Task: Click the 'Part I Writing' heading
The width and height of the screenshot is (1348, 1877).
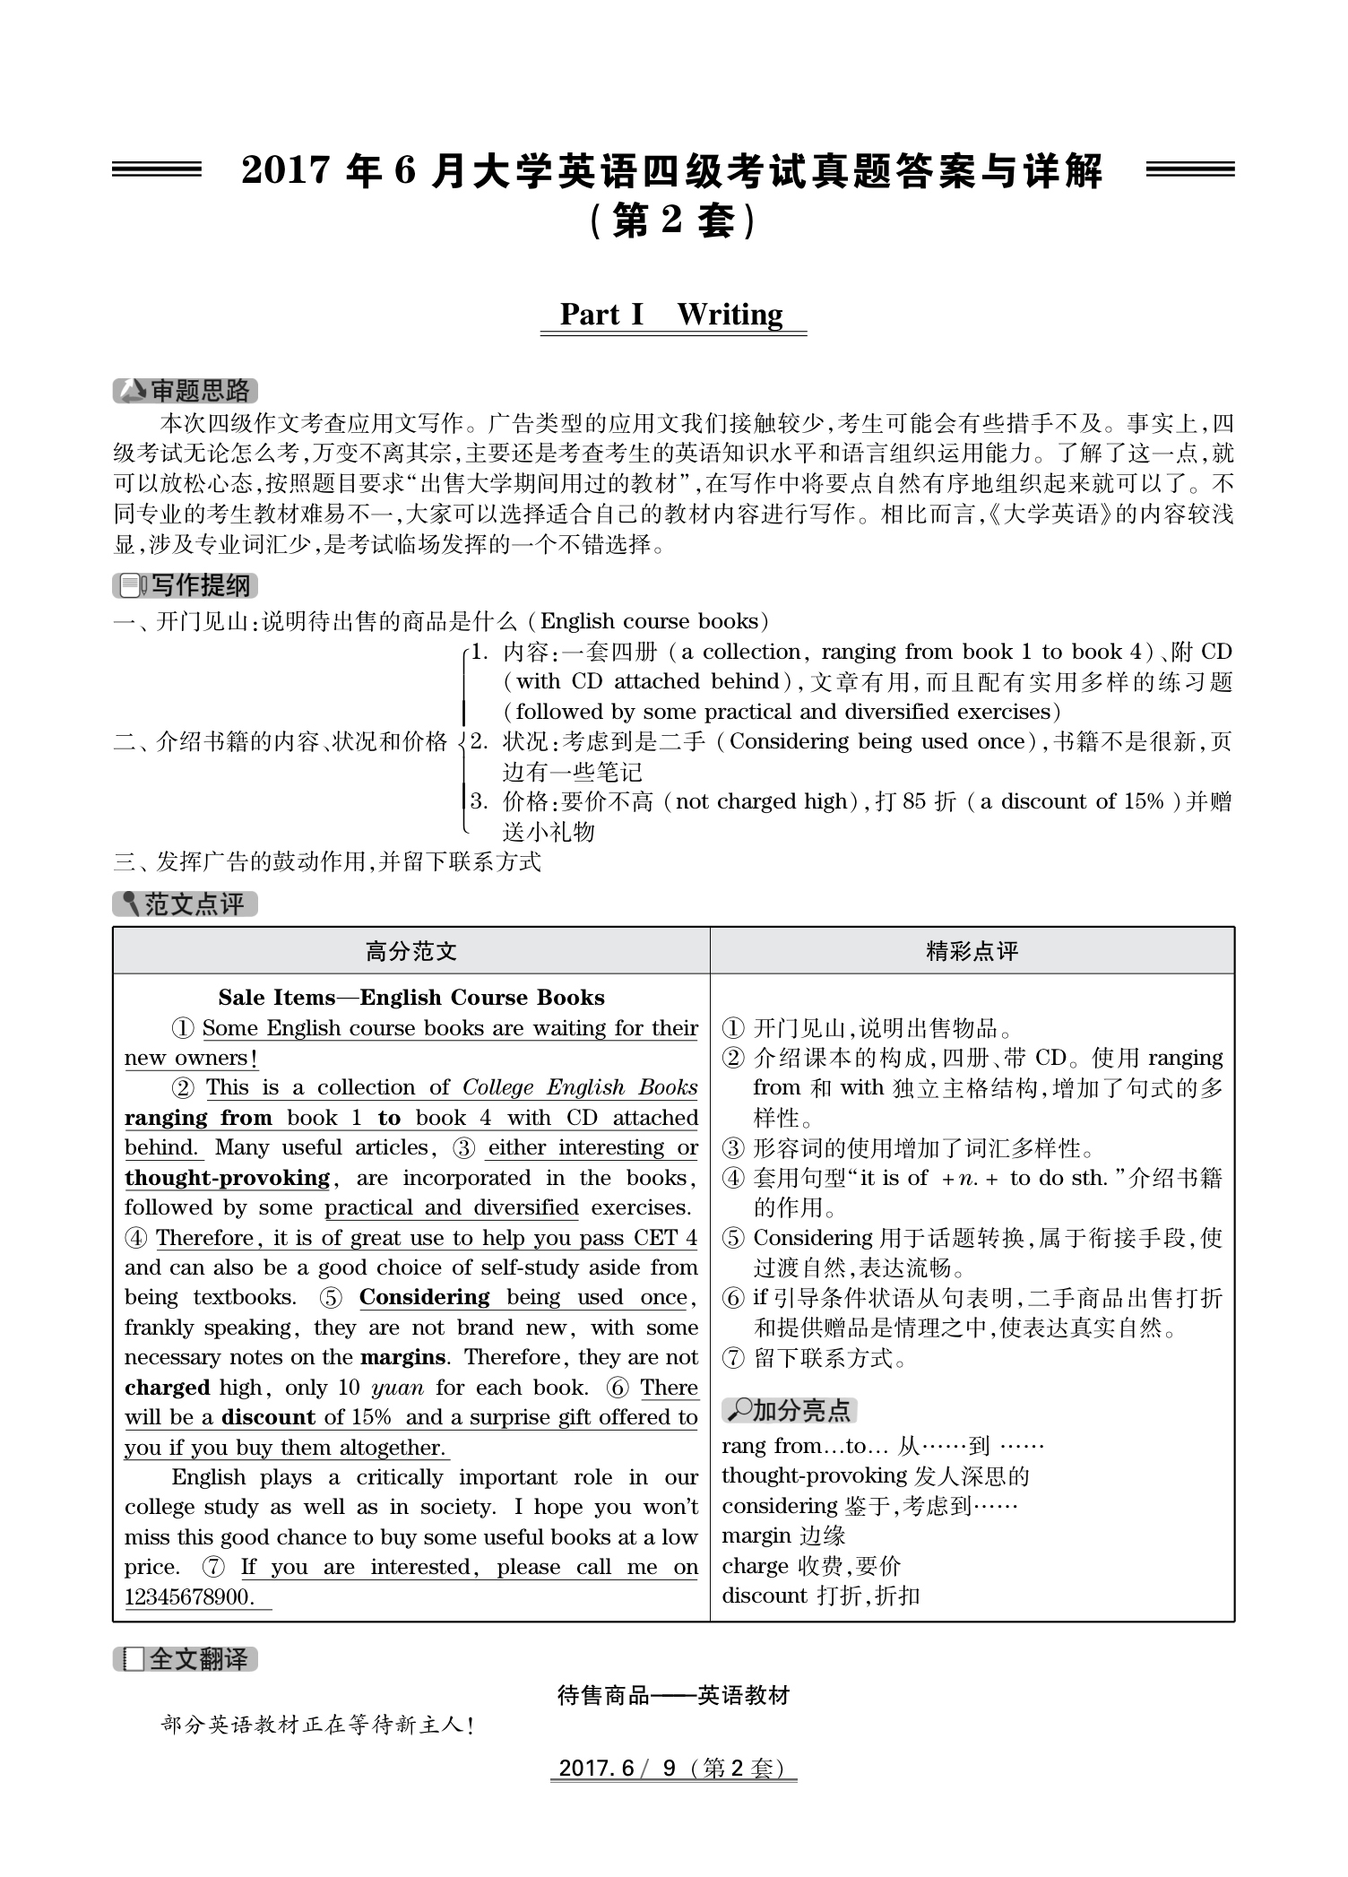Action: coord(671,315)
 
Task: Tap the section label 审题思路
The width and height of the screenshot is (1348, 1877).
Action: coord(186,391)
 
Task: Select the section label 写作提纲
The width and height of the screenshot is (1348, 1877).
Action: coord(186,585)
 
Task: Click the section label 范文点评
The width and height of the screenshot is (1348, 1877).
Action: coord(186,904)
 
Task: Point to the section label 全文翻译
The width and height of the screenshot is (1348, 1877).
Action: coord(186,1659)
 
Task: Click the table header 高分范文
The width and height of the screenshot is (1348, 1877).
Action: coord(411,951)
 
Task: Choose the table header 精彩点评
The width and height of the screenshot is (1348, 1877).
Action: coord(972,951)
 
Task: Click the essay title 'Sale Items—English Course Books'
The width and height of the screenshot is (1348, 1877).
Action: coord(411,998)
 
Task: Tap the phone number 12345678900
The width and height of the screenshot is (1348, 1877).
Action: coord(189,1596)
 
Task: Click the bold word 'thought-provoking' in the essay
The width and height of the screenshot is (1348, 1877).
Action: coord(227,1178)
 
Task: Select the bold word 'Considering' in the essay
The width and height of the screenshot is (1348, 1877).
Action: coord(424,1297)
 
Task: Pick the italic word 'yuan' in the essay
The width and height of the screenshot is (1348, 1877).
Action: coord(397,1388)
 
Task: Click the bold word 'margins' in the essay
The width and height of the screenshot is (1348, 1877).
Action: coord(402,1357)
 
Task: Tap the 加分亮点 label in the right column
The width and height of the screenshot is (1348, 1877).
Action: coord(790,1410)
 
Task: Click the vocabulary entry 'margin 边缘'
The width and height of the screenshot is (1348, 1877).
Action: coord(783,1535)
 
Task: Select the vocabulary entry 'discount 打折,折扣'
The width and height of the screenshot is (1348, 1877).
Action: coord(820,1596)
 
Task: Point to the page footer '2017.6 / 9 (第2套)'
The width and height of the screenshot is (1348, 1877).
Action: coord(673,1768)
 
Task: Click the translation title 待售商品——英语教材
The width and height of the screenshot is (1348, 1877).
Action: coord(673,1695)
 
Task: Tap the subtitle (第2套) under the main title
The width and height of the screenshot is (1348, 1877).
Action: coord(673,221)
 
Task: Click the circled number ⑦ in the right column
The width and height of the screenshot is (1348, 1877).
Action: coord(733,1358)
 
